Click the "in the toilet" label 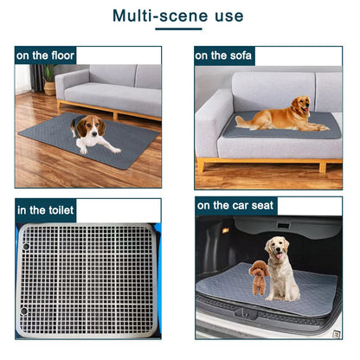(46, 210)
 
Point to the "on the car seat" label (235, 205)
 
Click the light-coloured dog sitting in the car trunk (280, 268)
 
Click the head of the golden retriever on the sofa (298, 106)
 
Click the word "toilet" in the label (58, 210)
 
